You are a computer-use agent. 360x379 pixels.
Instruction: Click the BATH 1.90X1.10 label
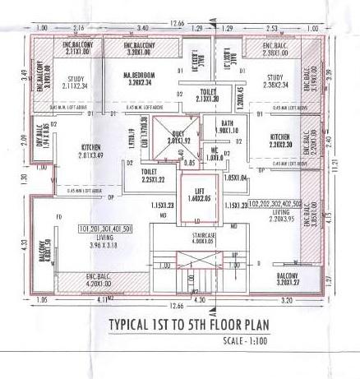tap(228, 127)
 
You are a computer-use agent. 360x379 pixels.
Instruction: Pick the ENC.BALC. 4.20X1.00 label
tap(82, 280)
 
